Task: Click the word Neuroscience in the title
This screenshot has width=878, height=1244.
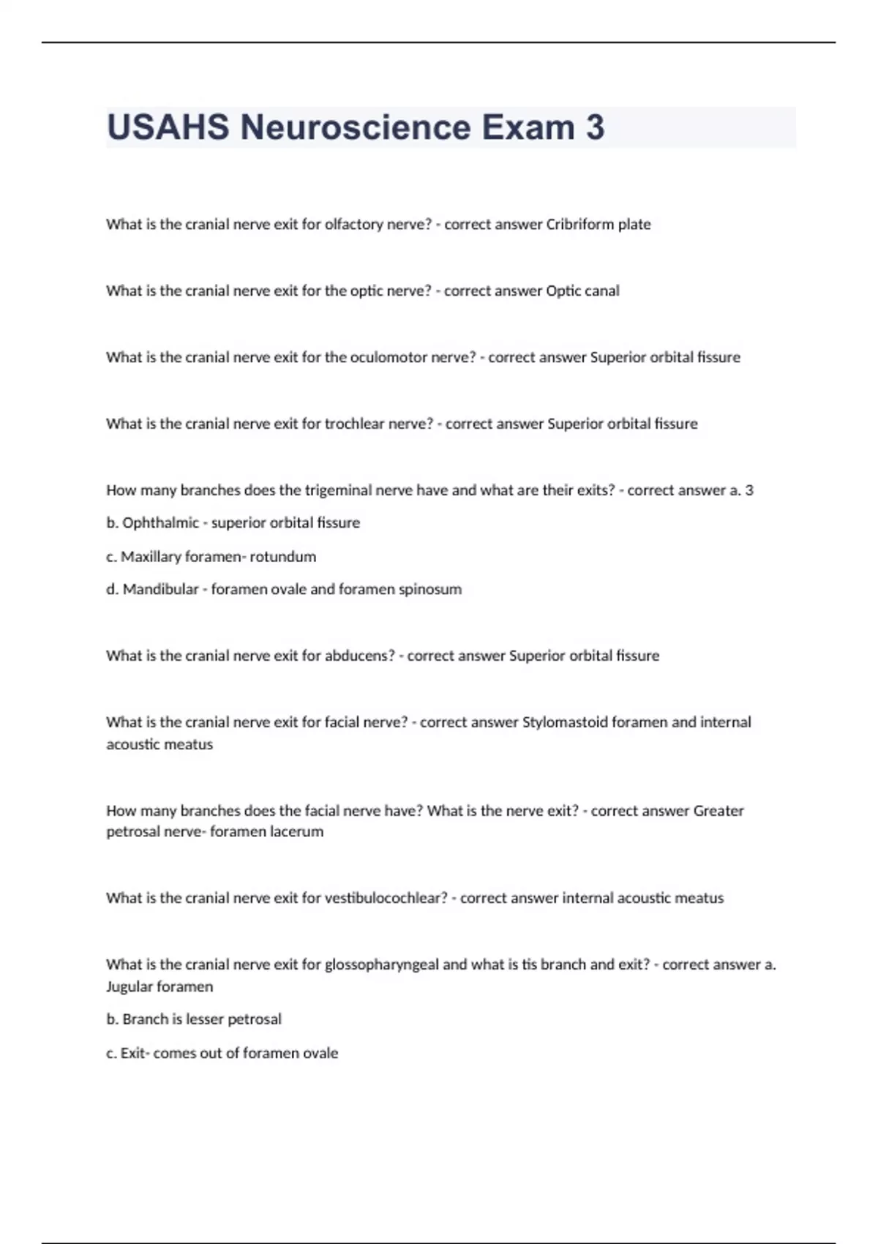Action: [355, 127]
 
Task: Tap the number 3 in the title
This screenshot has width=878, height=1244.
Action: [595, 127]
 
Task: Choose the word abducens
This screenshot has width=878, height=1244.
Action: [359, 656]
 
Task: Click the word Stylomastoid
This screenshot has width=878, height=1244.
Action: [565, 722]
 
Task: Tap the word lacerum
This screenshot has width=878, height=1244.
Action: [296, 832]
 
